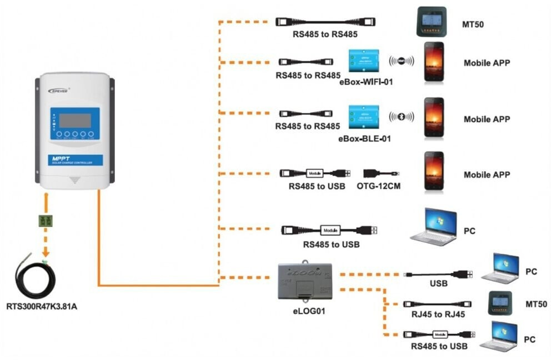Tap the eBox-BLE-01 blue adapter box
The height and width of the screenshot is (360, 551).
(x=363, y=116)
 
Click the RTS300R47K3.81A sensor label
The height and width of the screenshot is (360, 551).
(x=42, y=306)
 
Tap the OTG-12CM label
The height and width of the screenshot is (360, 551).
(x=378, y=186)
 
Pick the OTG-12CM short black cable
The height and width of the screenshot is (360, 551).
(x=380, y=173)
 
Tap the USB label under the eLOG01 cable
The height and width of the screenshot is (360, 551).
(x=438, y=283)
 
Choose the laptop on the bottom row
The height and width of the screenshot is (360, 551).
(x=498, y=336)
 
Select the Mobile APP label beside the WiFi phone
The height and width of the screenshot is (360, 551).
(x=487, y=63)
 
